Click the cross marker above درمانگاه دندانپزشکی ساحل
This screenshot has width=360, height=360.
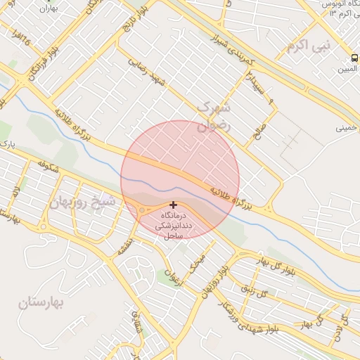(174, 205)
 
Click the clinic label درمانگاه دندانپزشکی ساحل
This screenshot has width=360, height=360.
(171, 224)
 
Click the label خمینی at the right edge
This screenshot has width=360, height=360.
(346, 128)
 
